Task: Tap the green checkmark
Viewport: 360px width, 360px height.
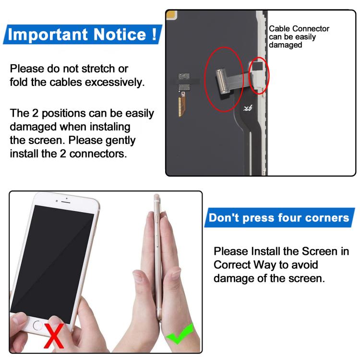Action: click(x=180, y=334)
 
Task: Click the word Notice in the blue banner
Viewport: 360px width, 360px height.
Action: click(x=120, y=35)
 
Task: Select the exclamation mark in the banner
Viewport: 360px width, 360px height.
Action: click(x=154, y=34)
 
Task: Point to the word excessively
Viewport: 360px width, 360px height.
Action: click(x=115, y=83)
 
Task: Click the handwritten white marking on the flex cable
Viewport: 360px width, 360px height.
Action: click(x=248, y=108)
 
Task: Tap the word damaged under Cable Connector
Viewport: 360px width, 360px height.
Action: click(x=286, y=45)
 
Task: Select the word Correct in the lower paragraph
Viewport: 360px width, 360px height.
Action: click(x=232, y=264)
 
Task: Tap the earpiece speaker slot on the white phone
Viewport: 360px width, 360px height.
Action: click(x=66, y=202)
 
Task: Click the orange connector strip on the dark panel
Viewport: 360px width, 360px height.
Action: click(x=181, y=106)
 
